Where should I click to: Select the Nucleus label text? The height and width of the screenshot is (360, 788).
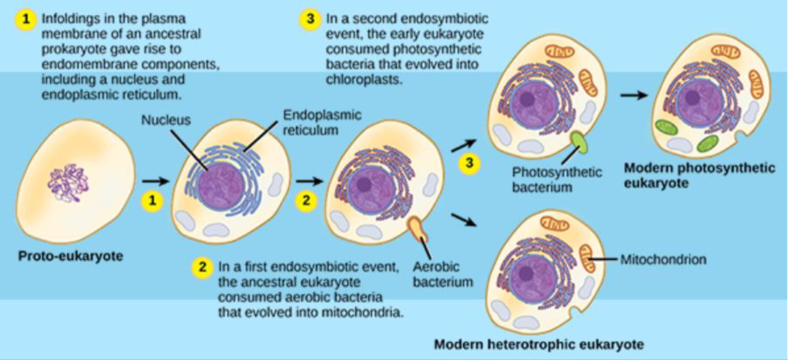tap(165, 119)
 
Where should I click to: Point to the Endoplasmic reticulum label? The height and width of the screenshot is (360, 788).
tap(321, 123)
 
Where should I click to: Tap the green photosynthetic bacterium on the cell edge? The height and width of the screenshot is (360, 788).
tap(578, 143)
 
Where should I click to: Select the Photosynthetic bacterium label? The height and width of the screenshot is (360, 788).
tap(557, 179)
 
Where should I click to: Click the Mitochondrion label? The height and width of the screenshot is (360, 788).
tap(662, 259)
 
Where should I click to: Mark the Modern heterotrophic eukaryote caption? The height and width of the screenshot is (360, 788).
tap(538, 344)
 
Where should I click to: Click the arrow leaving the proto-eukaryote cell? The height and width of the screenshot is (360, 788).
tap(155, 181)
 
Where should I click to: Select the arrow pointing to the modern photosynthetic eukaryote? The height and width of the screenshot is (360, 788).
tap(633, 96)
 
